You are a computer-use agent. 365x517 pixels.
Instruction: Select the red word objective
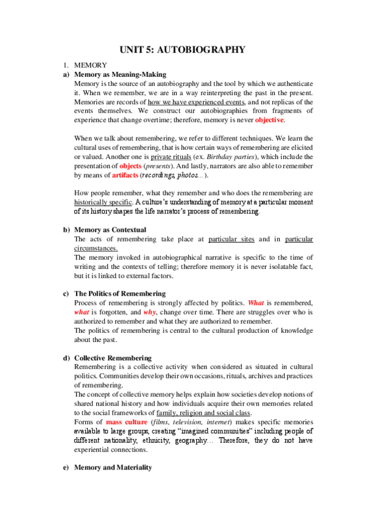pos(264,120)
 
